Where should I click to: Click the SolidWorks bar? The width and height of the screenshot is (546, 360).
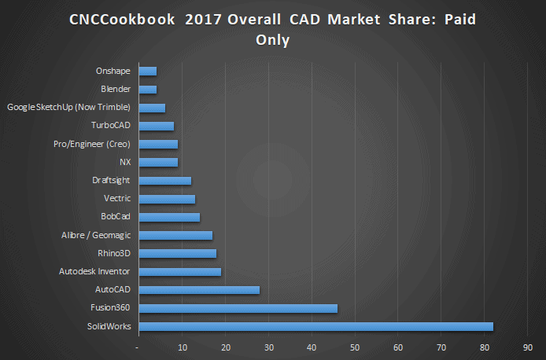coord(315,326)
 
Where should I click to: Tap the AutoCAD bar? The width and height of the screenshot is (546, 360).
coord(198,290)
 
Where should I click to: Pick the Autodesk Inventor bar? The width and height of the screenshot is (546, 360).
coord(179,272)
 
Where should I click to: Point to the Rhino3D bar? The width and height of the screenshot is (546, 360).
coord(177,253)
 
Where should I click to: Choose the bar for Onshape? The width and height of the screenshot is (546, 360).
coord(147,72)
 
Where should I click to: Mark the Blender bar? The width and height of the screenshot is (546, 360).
coord(147,90)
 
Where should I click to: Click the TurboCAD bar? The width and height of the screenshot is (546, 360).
coord(156,126)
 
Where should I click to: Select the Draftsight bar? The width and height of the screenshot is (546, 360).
coord(164,181)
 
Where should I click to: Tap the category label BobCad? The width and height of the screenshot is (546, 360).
coord(116,217)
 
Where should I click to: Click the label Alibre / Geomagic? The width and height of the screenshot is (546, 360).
coord(96,235)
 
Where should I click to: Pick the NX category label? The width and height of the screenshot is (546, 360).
coord(124,162)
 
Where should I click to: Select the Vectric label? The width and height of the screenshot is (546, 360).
coord(117,198)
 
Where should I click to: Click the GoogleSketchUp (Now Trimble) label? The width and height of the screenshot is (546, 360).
coord(68,108)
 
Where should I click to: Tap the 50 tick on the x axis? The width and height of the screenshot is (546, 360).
coord(355,347)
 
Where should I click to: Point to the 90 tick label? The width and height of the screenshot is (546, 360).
coord(528,347)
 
